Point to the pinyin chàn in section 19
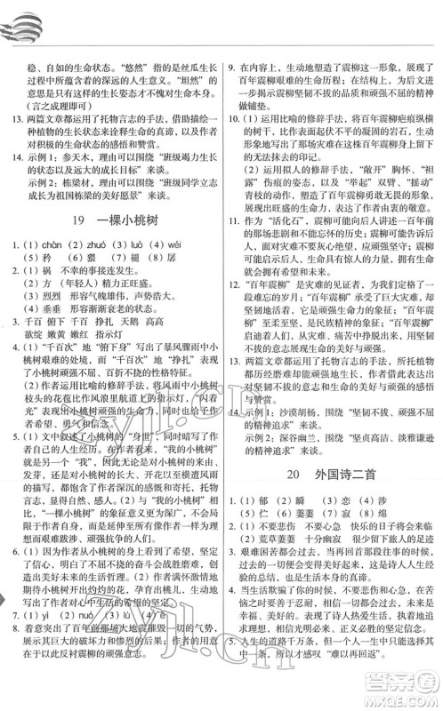coord(48,245)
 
